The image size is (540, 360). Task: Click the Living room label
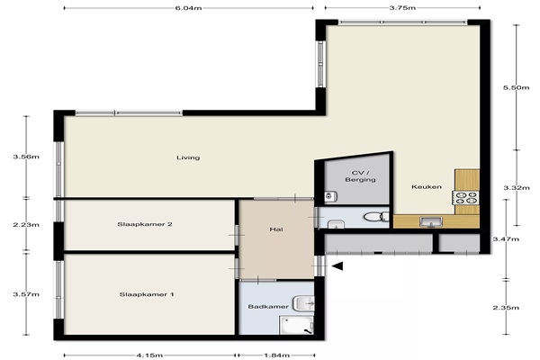(x=188, y=157)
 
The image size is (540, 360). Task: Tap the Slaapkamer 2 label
(x=145, y=224)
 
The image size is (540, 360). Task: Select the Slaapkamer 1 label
(x=147, y=294)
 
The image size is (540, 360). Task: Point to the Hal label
(x=276, y=229)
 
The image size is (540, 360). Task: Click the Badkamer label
(x=268, y=306)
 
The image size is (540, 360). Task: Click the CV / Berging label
(x=360, y=176)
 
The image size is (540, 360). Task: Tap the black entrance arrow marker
(x=337, y=266)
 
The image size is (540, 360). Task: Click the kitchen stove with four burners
(x=466, y=198)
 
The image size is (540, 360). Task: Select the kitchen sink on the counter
(x=431, y=222)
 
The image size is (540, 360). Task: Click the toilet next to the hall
(x=376, y=217)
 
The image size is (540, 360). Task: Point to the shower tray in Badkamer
(x=296, y=326)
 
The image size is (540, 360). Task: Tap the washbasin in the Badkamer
(x=304, y=303)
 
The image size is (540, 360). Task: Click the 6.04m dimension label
(x=188, y=8)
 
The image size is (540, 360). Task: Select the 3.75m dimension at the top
(x=402, y=8)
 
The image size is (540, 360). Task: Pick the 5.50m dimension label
(x=516, y=87)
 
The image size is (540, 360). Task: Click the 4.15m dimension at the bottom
(x=149, y=355)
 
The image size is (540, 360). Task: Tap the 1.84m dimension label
(x=276, y=355)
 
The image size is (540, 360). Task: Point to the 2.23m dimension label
(x=26, y=225)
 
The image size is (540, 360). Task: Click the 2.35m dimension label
(x=506, y=308)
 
